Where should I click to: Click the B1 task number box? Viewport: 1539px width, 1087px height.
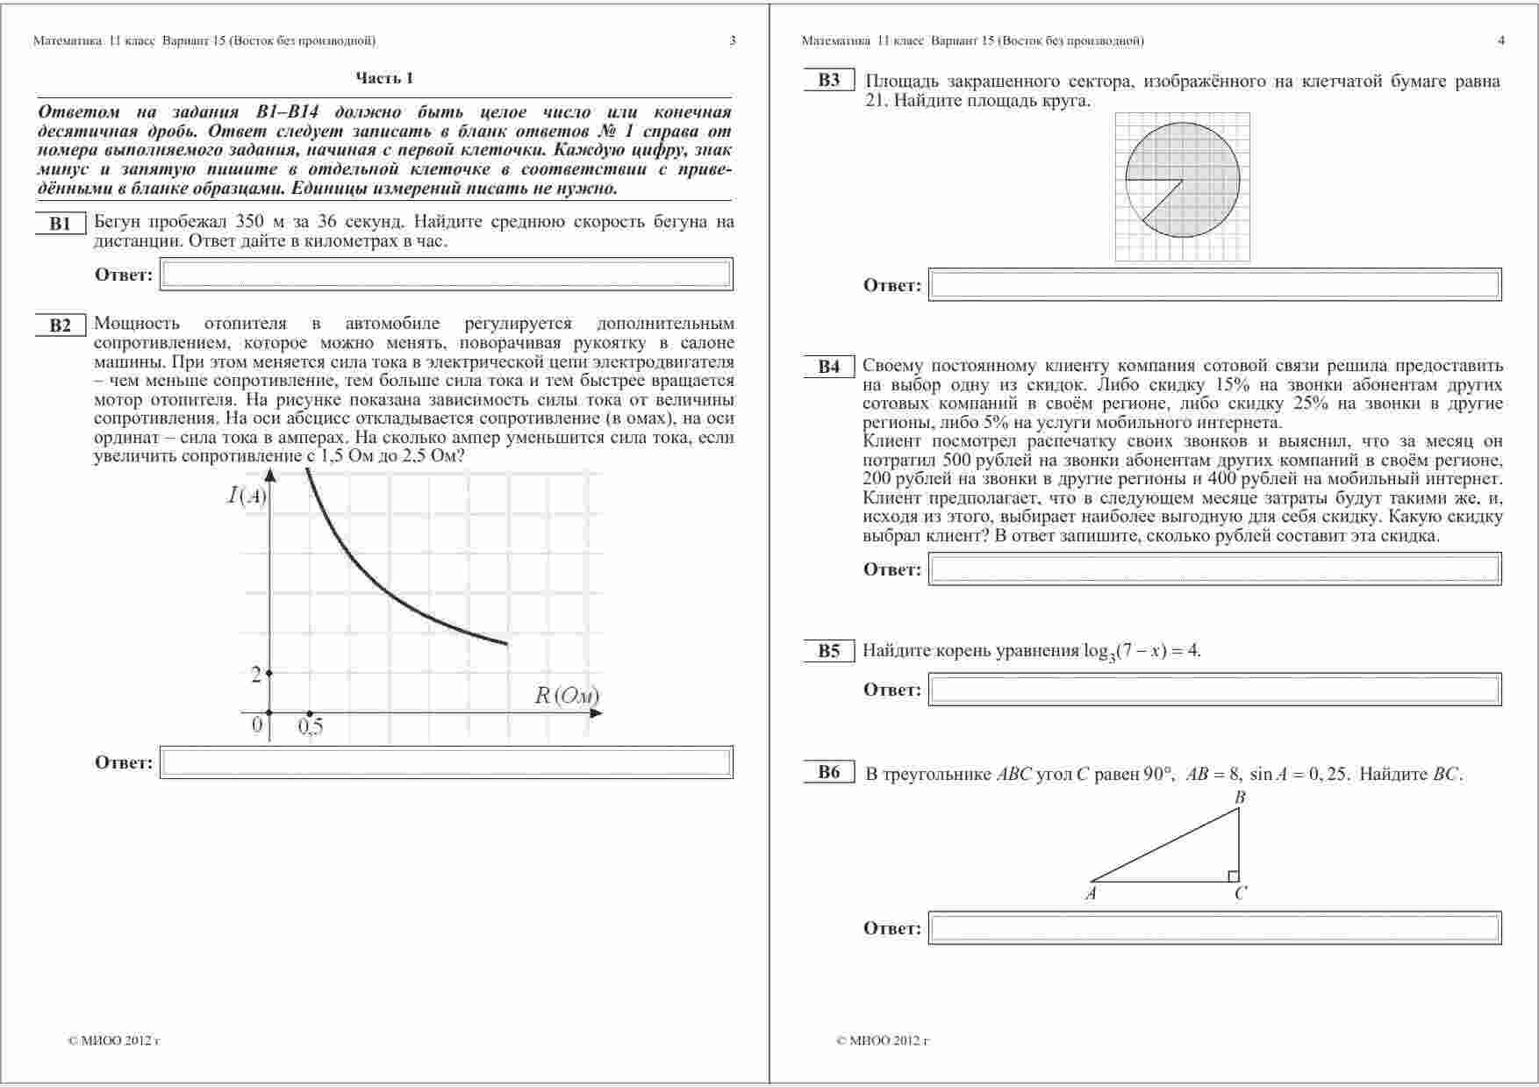(x=60, y=224)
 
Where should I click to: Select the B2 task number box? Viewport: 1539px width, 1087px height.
(x=60, y=325)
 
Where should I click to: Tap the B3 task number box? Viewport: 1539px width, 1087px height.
(x=829, y=81)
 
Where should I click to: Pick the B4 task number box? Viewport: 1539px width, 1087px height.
(x=829, y=367)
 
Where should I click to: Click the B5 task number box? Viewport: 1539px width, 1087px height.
(x=829, y=651)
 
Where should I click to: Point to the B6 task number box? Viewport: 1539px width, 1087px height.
(x=829, y=772)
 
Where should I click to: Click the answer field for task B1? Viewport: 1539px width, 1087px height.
(x=446, y=275)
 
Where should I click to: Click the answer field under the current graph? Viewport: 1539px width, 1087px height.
(x=446, y=762)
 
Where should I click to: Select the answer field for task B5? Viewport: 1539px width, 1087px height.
(x=1214, y=690)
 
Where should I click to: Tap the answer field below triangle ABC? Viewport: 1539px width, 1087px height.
(x=1214, y=928)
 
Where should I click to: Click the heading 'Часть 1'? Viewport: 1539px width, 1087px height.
(x=384, y=78)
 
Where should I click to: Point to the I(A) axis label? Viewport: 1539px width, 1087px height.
(x=247, y=496)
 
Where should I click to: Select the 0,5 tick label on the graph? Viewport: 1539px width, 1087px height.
(x=311, y=726)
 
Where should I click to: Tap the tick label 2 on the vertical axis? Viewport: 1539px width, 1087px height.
(x=256, y=675)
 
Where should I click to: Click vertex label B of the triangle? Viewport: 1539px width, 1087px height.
(x=1240, y=797)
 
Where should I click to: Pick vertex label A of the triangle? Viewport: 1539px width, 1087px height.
(x=1091, y=894)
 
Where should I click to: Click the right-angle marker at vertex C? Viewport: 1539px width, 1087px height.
(x=1233, y=876)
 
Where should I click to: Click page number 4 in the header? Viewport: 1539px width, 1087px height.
(x=1501, y=40)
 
